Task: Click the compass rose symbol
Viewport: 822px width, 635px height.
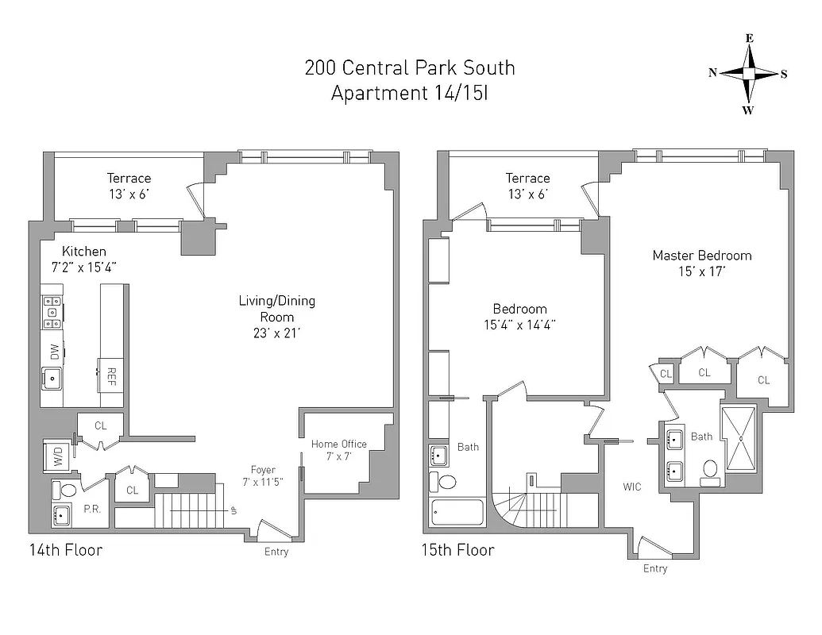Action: (748, 73)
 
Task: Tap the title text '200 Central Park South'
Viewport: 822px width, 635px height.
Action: (410, 67)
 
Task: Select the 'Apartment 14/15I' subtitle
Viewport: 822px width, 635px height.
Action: (410, 93)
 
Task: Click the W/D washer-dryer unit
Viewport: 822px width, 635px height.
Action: (57, 456)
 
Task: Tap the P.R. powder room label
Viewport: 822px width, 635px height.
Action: (91, 509)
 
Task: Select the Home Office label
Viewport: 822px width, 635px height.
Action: (339, 444)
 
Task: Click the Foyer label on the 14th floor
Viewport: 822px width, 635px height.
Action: (263, 470)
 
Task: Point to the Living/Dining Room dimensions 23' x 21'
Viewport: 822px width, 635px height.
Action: (276, 333)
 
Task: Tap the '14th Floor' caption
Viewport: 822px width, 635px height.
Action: (65, 549)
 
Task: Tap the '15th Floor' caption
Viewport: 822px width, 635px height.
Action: (457, 550)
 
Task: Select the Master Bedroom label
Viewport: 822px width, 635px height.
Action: (701, 256)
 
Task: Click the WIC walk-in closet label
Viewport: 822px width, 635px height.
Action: (632, 487)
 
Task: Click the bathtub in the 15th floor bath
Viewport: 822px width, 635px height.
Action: (457, 512)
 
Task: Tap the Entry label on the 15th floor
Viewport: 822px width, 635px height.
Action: (655, 568)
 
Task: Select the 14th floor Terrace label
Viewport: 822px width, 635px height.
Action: (129, 179)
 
